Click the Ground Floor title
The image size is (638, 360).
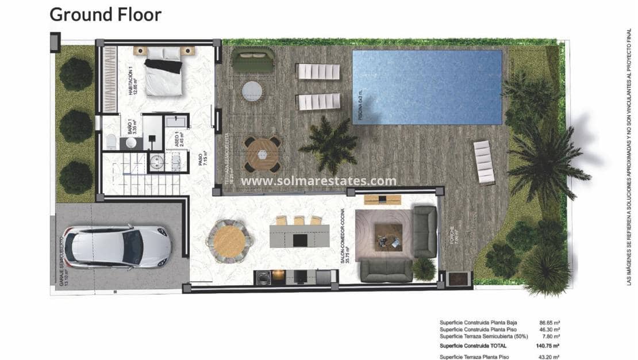pyautogui.click(x=105, y=14)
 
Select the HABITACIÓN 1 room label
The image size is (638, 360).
pyautogui.click(x=134, y=84)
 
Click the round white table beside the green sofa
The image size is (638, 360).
pyautogui.click(x=252, y=90)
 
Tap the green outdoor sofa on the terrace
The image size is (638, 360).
pyautogui.click(x=253, y=60)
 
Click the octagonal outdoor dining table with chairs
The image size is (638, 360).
pyautogui.click(x=262, y=154)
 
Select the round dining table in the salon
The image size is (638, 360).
pyautogui.click(x=229, y=240)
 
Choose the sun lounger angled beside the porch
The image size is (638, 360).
pyautogui.click(x=484, y=162)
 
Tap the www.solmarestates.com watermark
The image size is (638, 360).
pyautogui.click(x=318, y=181)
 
